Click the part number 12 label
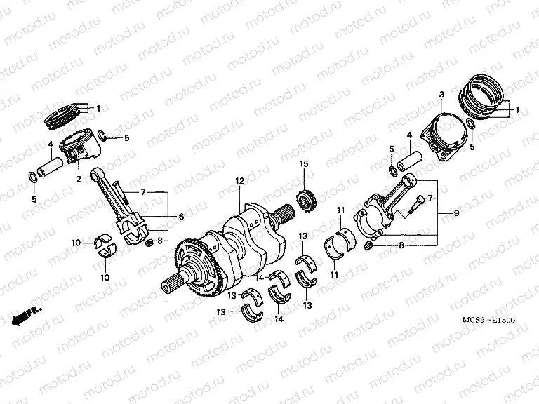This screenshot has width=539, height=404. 239,181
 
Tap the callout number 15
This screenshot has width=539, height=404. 304,164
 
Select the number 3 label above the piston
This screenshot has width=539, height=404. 441,95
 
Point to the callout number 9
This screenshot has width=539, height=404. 456,213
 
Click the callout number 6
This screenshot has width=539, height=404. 180,217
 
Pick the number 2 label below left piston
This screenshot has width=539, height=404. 79,179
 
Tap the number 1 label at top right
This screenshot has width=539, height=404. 518,110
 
